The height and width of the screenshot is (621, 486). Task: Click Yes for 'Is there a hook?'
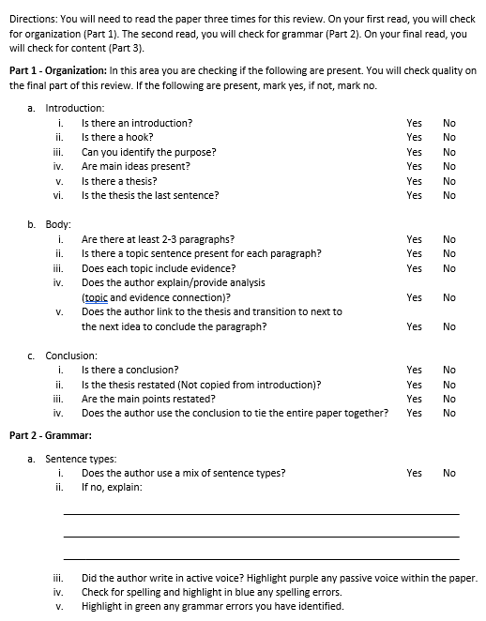tap(414, 137)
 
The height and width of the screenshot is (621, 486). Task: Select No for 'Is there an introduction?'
tap(449, 123)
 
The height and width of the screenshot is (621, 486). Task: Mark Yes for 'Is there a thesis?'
tap(414, 181)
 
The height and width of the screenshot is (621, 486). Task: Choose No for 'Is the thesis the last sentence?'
tap(449, 195)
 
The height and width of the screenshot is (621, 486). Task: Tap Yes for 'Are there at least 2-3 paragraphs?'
tap(414, 239)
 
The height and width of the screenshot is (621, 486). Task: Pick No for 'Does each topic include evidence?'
tap(449, 268)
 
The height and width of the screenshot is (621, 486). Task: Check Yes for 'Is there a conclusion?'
tap(414, 370)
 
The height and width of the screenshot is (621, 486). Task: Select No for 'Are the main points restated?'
tap(449, 399)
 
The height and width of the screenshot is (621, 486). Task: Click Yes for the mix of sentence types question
tap(414, 473)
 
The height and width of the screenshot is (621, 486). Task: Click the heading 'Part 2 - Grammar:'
tap(50, 435)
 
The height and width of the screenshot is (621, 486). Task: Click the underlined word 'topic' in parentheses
tap(96, 297)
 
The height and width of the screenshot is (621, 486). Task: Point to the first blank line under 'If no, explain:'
tap(261, 513)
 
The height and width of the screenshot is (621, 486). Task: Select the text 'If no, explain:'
tap(112, 487)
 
